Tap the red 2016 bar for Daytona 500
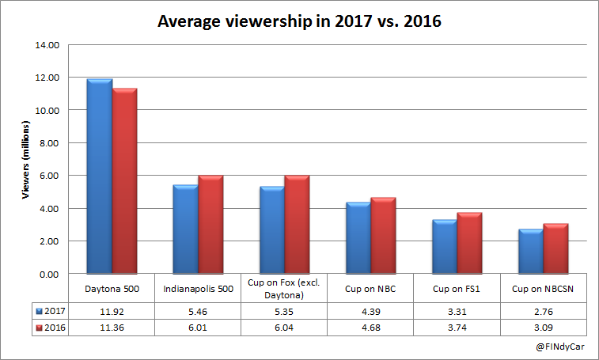[x=125, y=181]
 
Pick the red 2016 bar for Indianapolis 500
[x=210, y=225]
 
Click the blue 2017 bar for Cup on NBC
[x=358, y=238]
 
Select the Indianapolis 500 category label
[x=198, y=290]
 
